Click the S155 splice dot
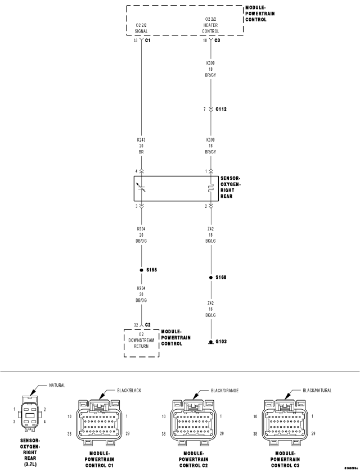pos(141,270)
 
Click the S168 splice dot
pos(210,277)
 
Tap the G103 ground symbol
pos(210,342)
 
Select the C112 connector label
pos(221,109)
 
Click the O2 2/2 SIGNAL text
pos(141,28)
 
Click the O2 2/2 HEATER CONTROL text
pos(210,25)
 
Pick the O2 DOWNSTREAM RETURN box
pos(141,343)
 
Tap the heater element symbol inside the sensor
pos(210,188)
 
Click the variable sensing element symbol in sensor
pos(141,188)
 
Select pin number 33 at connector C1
pos(136,40)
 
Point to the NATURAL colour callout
pos(57,386)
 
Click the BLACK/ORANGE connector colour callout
pos(225,391)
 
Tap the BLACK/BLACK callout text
pos(129,391)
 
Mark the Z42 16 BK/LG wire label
pos(210,309)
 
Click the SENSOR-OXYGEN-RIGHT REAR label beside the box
pos(231,187)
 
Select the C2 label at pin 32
pos(147,325)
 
